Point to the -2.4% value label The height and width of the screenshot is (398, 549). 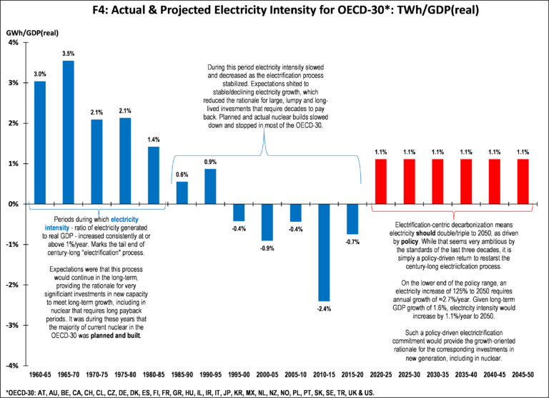(x=324, y=309)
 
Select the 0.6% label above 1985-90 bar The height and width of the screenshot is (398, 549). (x=182, y=175)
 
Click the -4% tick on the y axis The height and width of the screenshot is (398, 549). (x=14, y=366)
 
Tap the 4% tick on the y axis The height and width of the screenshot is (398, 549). (x=14, y=42)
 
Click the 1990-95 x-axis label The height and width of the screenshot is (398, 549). (x=210, y=374)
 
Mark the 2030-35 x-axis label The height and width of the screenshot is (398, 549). (x=437, y=374)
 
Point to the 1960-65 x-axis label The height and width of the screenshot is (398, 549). (x=40, y=374)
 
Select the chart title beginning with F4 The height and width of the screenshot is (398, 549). (x=274, y=11)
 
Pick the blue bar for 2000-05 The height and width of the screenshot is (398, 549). (x=267, y=222)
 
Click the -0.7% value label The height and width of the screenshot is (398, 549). (x=352, y=241)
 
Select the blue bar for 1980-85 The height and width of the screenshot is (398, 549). (x=154, y=175)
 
